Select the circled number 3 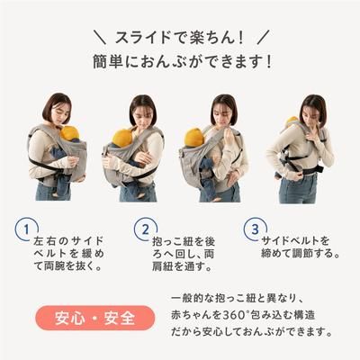click(x=255, y=229)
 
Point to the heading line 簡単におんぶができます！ click(x=180, y=66)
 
